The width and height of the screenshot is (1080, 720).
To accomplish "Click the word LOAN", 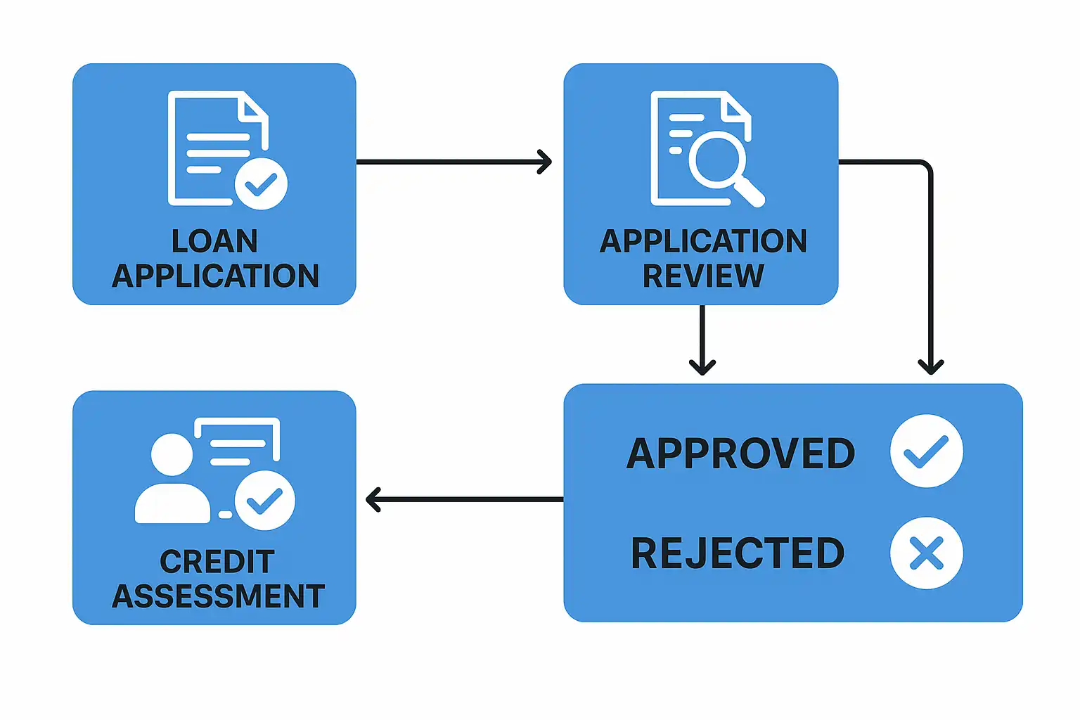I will pos(214,241).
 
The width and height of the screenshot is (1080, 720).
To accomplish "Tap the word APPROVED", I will pos(740,454).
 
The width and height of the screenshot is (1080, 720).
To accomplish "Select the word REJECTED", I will pos(738,553).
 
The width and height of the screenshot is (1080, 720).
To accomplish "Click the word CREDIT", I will pos(217,562).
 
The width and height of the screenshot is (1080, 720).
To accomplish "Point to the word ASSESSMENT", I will pos(218,596).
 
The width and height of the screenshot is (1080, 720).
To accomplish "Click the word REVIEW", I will pos(703,276).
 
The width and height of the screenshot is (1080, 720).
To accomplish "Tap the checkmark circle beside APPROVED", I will pos(926,451).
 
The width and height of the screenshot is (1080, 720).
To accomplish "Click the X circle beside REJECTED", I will pos(926,553).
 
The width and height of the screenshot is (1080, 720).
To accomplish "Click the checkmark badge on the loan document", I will pos(261,184).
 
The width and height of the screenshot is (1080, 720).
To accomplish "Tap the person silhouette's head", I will pos(172,454).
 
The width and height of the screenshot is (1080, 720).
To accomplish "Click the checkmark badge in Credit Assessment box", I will pos(264,501).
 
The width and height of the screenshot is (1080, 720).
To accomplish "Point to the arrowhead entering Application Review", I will pos(545,162).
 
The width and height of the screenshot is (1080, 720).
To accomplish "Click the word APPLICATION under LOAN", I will pos(215,276).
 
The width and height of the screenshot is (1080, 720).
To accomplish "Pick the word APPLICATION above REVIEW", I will pos(703,241).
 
